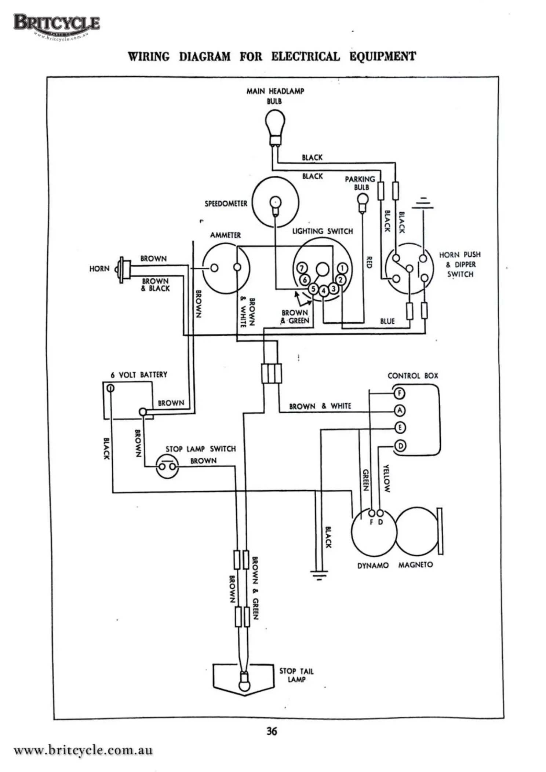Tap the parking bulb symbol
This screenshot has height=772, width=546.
point(363,202)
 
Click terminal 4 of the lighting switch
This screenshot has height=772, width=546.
point(323,291)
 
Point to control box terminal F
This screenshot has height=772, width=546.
point(399,394)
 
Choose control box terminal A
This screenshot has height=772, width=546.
point(399,411)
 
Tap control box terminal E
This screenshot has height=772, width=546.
point(399,428)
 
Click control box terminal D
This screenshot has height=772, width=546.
point(400,446)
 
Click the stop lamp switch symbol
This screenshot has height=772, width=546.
point(167,466)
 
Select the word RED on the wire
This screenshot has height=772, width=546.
point(370,262)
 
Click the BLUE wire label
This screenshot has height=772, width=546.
point(387,321)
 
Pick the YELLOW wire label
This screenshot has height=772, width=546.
point(386,478)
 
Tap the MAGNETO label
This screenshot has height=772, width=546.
point(415,565)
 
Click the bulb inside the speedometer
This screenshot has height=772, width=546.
point(275,203)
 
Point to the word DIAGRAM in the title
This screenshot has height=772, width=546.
point(205,57)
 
